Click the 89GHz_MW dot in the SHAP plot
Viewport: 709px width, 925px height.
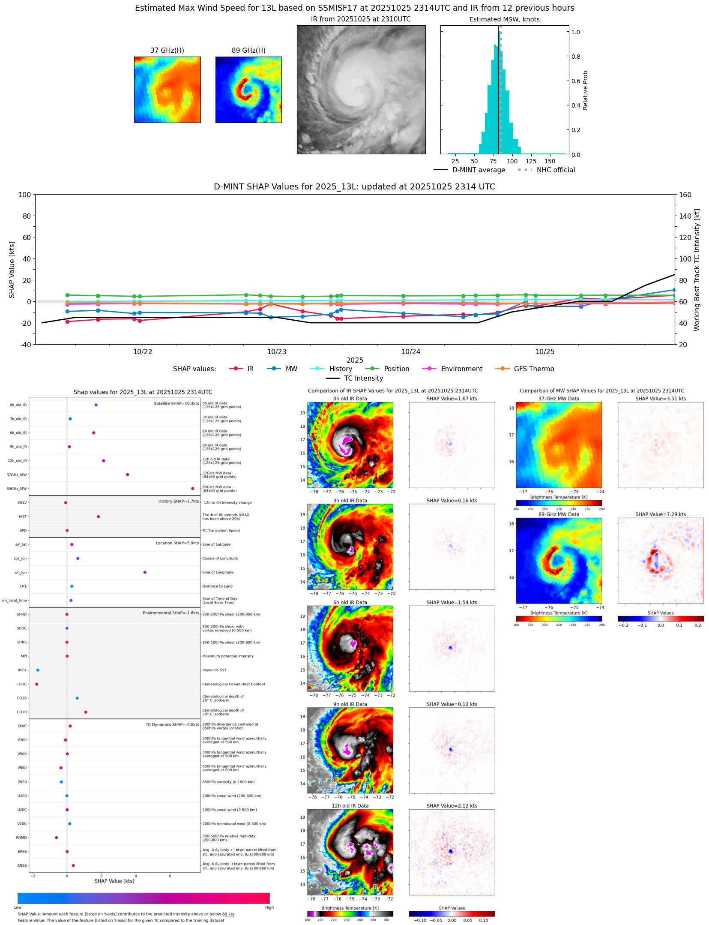click(x=192, y=488)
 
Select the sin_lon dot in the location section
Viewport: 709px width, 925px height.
click(x=145, y=572)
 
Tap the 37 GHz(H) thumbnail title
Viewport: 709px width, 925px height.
click(x=167, y=51)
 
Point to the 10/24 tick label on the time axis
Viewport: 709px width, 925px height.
click(x=410, y=351)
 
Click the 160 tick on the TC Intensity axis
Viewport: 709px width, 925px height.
click(x=685, y=195)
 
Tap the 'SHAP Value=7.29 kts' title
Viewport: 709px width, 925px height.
click(x=660, y=514)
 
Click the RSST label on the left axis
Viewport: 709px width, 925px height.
click(x=22, y=670)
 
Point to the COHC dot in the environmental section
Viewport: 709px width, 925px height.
click(x=37, y=684)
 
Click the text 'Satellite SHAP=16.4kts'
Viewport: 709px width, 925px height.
click(x=176, y=403)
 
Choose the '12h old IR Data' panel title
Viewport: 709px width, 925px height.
click(x=350, y=806)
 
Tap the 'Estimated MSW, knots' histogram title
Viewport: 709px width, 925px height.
click(x=504, y=19)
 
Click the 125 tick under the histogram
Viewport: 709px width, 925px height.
click(x=531, y=161)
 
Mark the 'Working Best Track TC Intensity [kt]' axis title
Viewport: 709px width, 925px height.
click(x=697, y=270)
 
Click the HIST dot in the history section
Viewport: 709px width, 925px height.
click(x=99, y=517)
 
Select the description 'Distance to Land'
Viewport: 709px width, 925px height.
click(x=217, y=586)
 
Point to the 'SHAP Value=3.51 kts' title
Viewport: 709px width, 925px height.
click(x=660, y=399)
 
